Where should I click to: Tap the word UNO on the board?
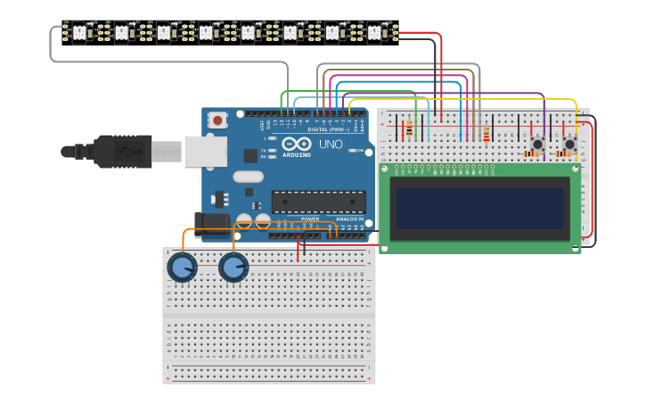click(331, 144)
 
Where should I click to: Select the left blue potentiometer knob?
click(182, 268)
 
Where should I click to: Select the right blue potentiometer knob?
click(233, 268)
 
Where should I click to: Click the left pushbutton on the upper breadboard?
click(537, 144)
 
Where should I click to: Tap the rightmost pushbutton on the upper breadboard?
click(569, 144)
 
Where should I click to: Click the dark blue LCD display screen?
click(479, 208)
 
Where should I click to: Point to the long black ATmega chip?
click(318, 202)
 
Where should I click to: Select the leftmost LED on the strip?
click(78, 33)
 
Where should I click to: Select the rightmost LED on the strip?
click(374, 33)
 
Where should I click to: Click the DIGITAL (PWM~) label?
click(327, 129)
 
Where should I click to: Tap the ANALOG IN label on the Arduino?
click(350, 218)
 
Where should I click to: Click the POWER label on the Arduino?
click(310, 218)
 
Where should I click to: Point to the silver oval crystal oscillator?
click(248, 177)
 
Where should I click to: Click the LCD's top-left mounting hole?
click(385, 169)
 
